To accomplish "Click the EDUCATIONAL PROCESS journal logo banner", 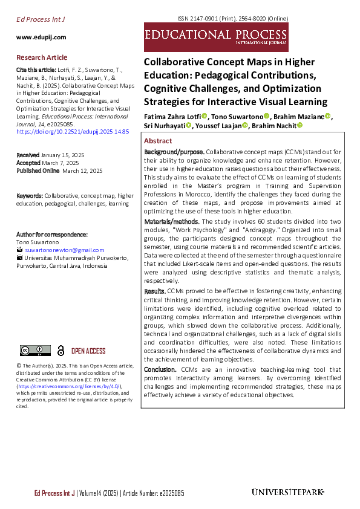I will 216,37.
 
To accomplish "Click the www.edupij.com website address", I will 41,37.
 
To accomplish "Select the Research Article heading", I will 42,57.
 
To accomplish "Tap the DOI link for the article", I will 72,131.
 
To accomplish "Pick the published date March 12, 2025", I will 82,171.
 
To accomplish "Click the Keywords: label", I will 30,196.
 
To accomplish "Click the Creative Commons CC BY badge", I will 35,351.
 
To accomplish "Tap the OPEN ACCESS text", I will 88,351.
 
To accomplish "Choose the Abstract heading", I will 158,140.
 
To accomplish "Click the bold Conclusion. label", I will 160,369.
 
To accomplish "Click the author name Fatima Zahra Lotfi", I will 172,116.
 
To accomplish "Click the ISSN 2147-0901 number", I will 228,19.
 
